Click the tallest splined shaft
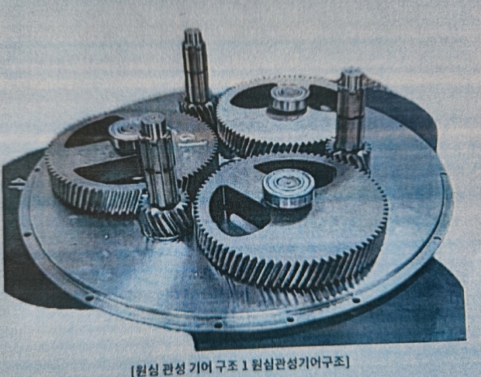click(x=196, y=66)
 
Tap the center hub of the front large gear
click(x=289, y=188)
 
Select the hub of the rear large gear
click(x=289, y=98)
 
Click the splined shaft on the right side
click(x=351, y=110)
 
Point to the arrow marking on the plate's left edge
click(x=17, y=183)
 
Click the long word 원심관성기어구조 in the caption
click(x=298, y=364)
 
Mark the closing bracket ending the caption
click(x=347, y=363)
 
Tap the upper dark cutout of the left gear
click(x=92, y=131)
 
